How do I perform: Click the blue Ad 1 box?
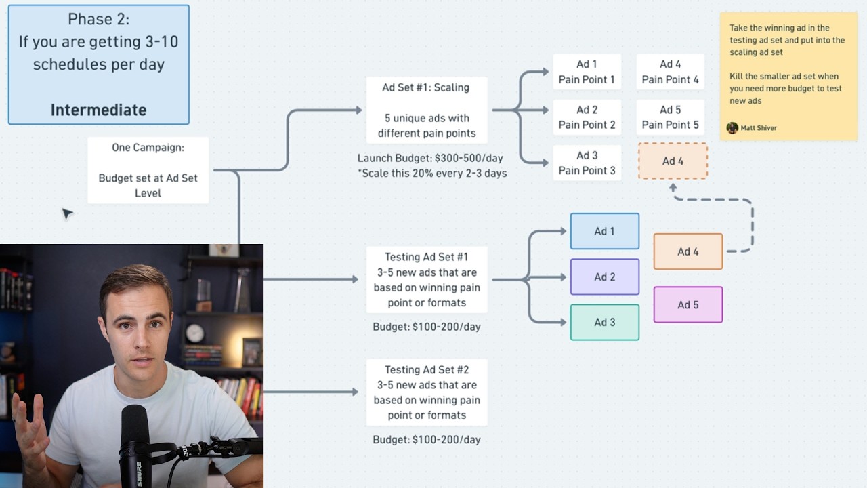click(x=605, y=231)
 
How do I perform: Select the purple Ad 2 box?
click(x=605, y=277)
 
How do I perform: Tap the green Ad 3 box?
click(x=605, y=322)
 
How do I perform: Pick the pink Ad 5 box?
click(x=688, y=305)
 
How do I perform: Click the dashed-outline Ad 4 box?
click(x=673, y=161)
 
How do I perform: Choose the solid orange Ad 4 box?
click(x=688, y=251)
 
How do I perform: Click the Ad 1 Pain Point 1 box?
click(x=587, y=72)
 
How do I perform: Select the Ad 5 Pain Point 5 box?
click(x=670, y=117)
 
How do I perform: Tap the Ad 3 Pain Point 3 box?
click(x=587, y=163)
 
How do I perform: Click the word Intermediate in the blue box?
click(x=99, y=110)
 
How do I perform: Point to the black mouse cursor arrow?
click(x=67, y=213)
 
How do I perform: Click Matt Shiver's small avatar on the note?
click(x=732, y=128)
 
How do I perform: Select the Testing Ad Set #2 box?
click(x=427, y=392)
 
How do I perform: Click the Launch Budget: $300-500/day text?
click(x=430, y=158)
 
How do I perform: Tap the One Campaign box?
click(x=148, y=170)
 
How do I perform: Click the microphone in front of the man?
click(x=135, y=445)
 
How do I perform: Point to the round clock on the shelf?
click(x=194, y=333)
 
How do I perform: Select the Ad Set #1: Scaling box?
click(x=427, y=110)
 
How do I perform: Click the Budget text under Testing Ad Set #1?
click(x=427, y=327)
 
